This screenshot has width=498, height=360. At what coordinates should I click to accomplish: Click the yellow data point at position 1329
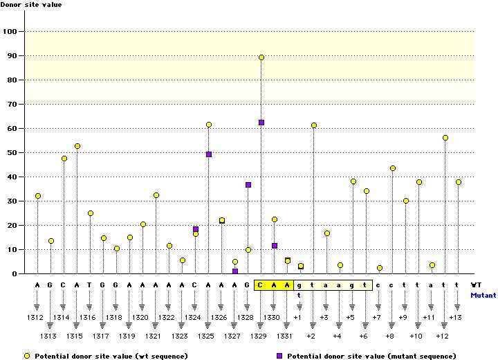(261, 57)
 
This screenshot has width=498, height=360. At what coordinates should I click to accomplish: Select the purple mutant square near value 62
(261, 123)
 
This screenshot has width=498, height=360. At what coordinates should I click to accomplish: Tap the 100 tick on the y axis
(11, 32)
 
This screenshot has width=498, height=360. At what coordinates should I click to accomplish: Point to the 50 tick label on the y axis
(11, 153)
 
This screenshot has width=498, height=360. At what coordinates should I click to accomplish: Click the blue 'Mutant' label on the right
(482, 295)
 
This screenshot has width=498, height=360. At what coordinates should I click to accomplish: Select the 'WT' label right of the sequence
(476, 285)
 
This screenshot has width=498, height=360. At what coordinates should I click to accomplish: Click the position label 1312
(35, 317)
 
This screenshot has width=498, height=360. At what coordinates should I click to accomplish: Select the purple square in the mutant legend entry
(279, 356)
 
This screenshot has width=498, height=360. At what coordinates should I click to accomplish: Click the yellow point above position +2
(314, 125)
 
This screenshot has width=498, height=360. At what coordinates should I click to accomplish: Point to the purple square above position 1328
(248, 185)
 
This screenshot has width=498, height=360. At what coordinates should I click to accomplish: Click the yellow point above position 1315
(77, 146)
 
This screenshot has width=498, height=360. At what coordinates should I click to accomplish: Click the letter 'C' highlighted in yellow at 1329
(260, 285)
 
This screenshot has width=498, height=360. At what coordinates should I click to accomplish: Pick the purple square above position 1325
(209, 154)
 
